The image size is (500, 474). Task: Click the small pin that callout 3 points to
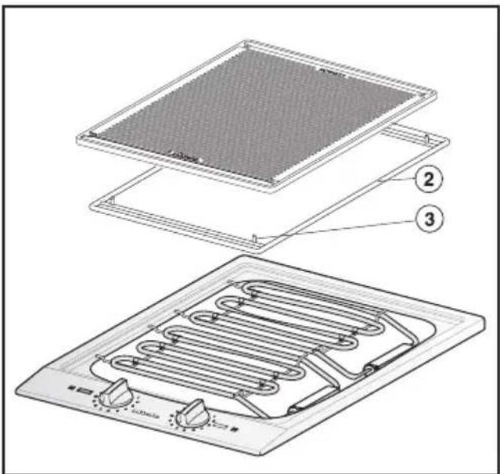[x=255, y=239]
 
